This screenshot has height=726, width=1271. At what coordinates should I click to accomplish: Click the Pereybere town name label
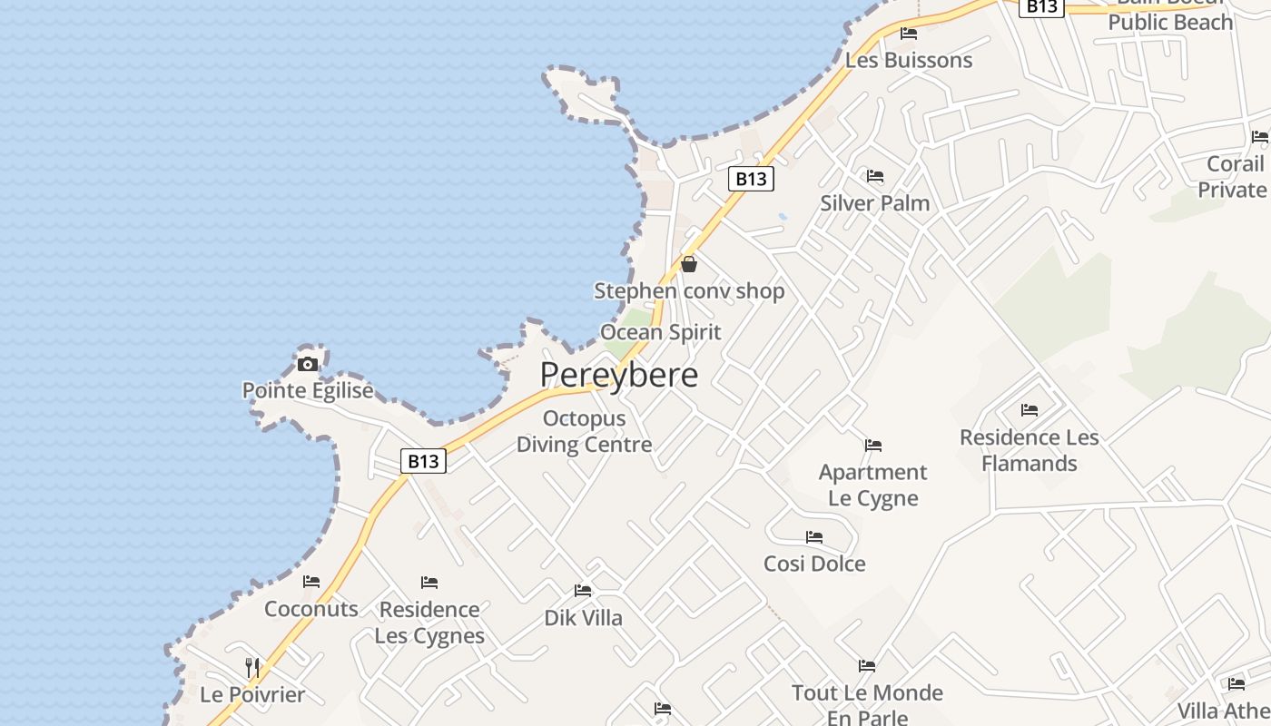[619, 374]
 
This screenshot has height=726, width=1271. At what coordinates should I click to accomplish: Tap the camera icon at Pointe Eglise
[308, 364]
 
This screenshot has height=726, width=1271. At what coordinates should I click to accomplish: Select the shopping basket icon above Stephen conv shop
[689, 264]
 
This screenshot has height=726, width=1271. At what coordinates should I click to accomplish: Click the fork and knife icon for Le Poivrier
[252, 668]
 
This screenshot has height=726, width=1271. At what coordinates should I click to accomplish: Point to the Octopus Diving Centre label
[584, 431]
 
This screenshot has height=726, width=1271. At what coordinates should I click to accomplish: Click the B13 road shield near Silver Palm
[751, 179]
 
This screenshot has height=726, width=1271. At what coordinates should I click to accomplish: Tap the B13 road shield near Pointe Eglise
[423, 461]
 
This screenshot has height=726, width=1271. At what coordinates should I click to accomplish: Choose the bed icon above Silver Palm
[875, 176]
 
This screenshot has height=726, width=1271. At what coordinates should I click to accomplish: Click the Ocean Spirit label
[661, 332]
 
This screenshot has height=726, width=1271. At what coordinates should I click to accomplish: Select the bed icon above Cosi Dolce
[814, 537]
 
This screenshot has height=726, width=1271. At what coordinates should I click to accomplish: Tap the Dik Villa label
[583, 618]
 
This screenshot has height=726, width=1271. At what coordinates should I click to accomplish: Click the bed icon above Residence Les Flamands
[1029, 410]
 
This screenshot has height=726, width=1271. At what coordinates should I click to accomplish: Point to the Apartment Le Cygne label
[872, 485]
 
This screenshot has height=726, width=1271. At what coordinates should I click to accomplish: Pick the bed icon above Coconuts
[311, 582]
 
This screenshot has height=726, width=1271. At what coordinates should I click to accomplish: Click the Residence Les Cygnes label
[429, 622]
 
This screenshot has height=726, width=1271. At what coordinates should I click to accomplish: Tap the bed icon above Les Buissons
[909, 34]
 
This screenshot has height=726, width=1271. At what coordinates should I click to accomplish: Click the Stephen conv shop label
[689, 290]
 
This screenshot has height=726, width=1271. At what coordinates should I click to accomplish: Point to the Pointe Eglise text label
[308, 390]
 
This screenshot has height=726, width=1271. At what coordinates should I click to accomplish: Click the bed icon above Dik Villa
[583, 592]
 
